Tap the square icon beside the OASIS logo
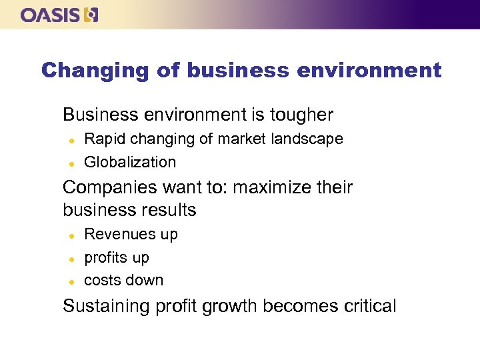(91, 15)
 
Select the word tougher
(302, 115)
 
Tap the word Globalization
(130, 162)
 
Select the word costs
(101, 280)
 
